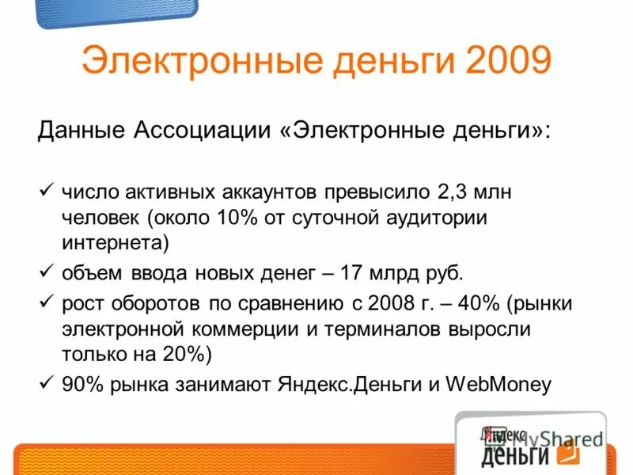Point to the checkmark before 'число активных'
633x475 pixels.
(x=46, y=191)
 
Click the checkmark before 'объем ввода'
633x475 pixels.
(x=46, y=272)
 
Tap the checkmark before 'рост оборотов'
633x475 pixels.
(x=46, y=302)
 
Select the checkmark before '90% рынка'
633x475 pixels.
(x=46, y=383)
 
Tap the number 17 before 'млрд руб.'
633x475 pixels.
(x=350, y=274)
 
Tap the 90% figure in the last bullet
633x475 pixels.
(x=81, y=385)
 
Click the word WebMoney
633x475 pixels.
(x=499, y=385)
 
